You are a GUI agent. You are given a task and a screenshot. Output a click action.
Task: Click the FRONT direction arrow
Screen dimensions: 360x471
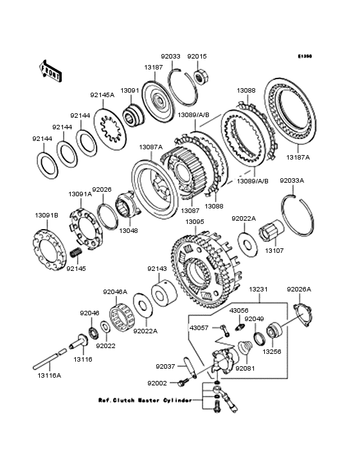50,71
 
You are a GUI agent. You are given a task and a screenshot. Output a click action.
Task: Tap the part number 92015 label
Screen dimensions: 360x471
197,56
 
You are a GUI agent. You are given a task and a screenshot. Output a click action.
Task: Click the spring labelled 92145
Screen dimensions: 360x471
76,253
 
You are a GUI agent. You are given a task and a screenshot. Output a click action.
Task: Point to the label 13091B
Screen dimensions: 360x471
46,216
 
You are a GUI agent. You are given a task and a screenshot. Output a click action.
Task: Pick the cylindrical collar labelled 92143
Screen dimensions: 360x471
164,293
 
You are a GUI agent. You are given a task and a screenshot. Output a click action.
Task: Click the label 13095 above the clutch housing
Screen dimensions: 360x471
195,222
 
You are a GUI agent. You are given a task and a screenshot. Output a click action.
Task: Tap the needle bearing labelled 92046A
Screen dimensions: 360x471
122,317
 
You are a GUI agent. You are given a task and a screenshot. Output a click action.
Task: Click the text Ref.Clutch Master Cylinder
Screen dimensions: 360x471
145,400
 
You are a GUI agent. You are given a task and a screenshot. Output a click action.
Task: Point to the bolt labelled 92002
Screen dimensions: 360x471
183,382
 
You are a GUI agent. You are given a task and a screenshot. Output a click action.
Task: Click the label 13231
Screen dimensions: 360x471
258,290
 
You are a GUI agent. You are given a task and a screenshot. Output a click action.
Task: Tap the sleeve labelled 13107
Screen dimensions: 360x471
271,231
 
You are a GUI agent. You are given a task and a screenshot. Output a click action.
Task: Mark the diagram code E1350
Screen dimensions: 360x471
305,56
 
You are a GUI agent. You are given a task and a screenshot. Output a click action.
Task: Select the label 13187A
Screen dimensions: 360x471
298,157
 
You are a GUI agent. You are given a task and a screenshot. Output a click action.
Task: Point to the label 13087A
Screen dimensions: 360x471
151,147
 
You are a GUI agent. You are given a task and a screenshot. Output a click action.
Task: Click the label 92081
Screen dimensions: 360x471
245,368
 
